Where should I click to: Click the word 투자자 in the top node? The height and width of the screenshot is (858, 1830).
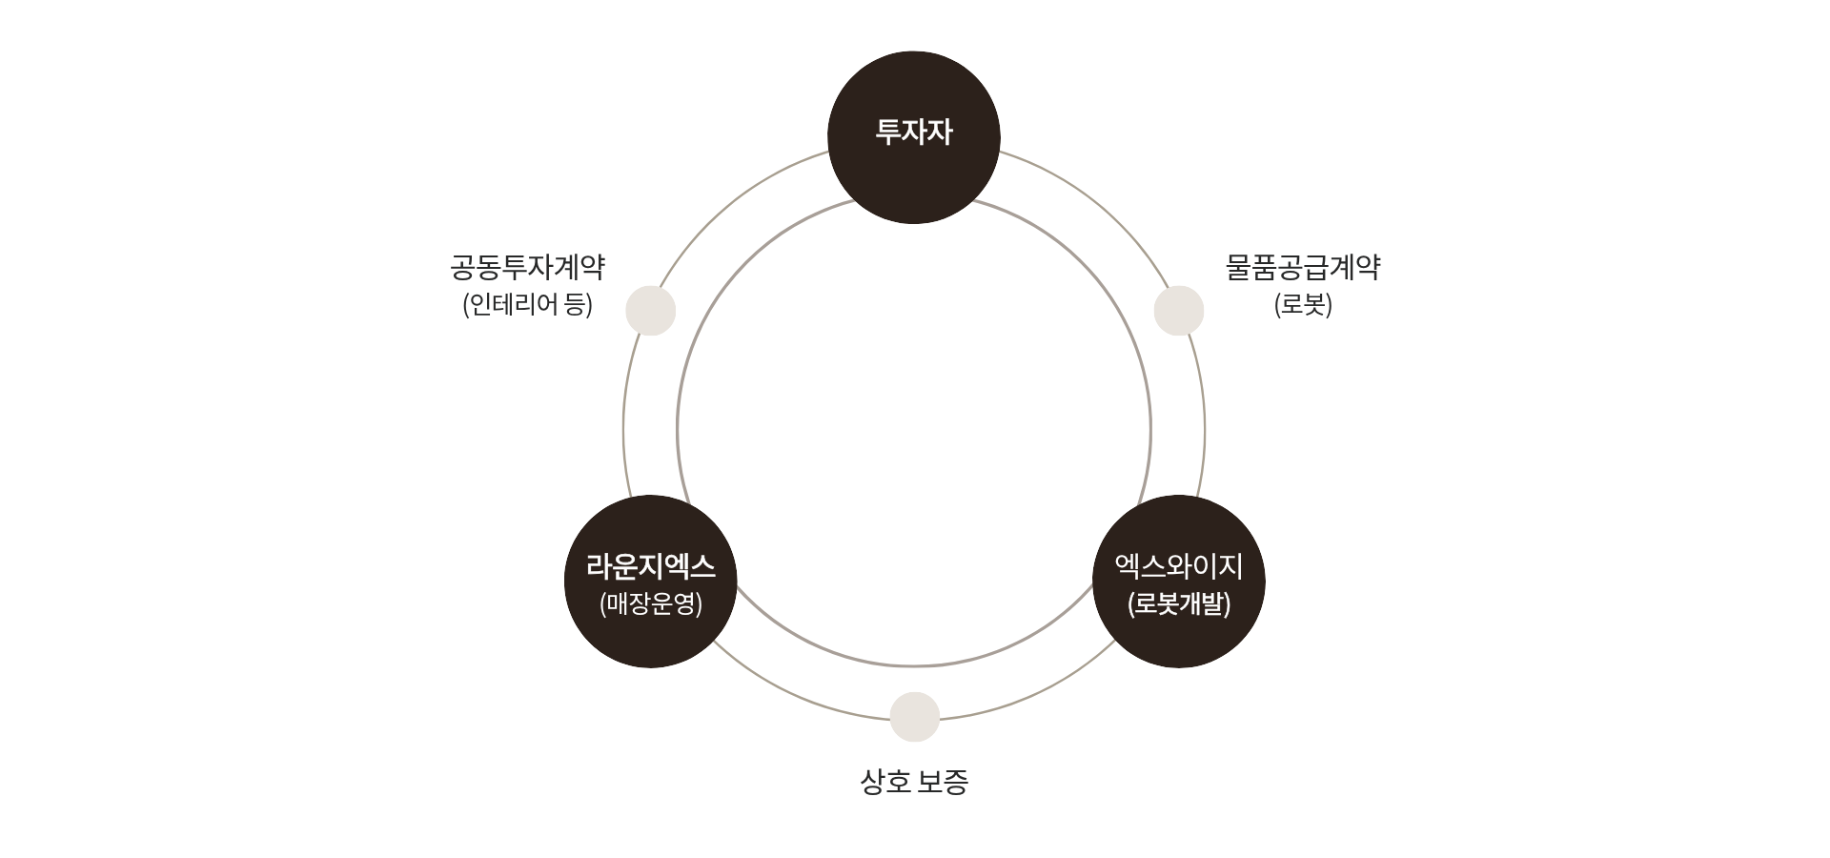pos(913,132)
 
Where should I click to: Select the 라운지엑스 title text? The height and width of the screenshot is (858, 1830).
pos(650,568)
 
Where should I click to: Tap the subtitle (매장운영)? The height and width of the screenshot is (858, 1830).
pos(650,604)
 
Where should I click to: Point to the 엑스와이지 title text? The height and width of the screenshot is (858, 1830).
pos(1178,568)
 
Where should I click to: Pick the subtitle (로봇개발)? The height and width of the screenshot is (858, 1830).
pos(1178,604)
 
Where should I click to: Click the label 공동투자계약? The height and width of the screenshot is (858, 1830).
pos(527,268)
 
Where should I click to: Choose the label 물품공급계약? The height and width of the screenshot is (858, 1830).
pos(1302,268)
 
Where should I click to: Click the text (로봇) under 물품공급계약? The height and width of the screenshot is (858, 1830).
pos(1302,305)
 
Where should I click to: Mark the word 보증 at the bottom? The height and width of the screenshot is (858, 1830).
pos(944,783)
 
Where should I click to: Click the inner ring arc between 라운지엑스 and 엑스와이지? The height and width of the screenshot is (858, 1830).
pos(914,664)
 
